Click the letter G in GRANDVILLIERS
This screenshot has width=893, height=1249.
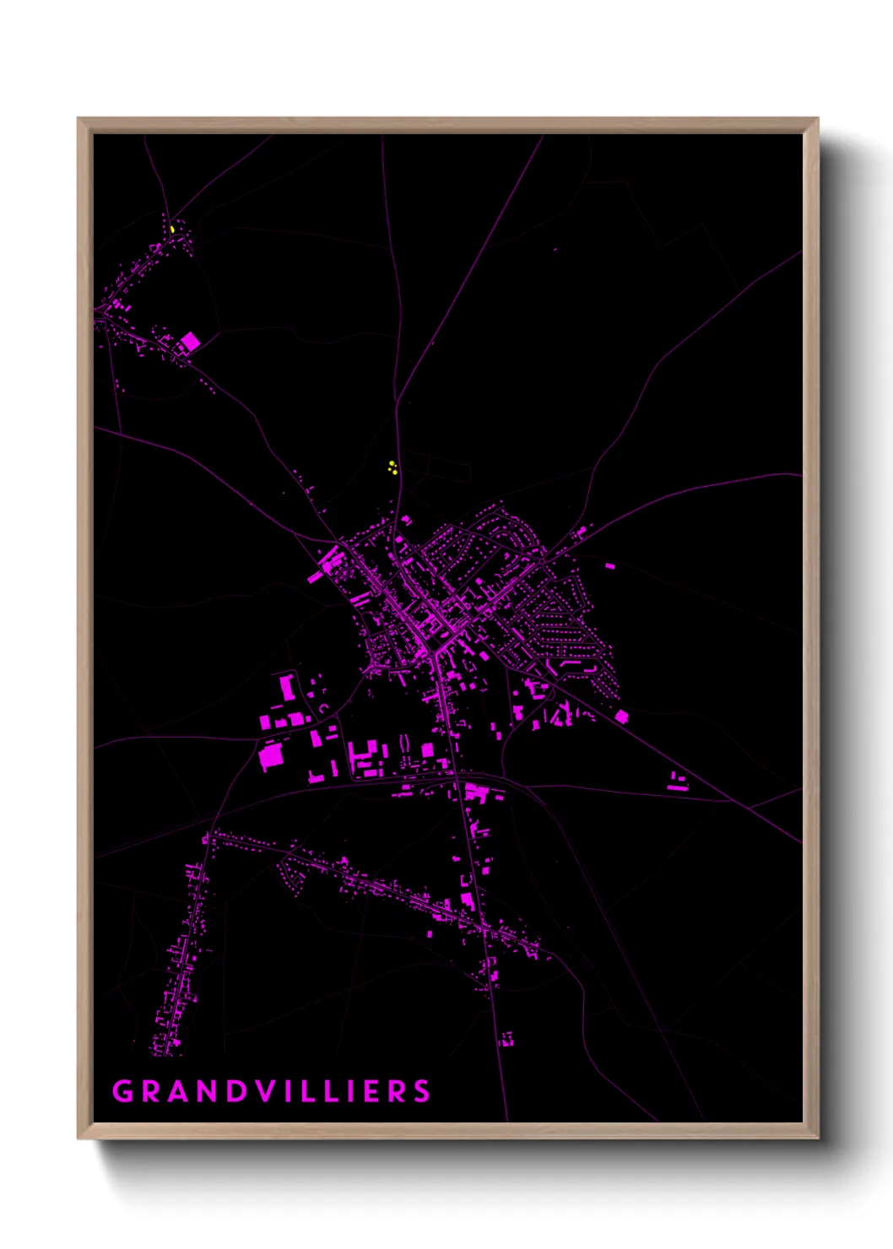[x=122, y=1091]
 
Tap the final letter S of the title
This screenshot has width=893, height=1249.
[x=422, y=1091]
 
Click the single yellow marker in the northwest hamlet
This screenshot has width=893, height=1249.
[x=172, y=229]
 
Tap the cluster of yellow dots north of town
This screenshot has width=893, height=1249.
[x=392, y=468]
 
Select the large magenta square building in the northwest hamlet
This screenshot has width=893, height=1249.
[x=190, y=342]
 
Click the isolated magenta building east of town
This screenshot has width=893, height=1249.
[x=609, y=565]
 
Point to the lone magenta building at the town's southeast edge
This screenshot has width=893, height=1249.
[x=622, y=716]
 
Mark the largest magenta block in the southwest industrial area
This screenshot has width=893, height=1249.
[x=271, y=756]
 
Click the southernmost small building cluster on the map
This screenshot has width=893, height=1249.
[x=507, y=1039]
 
